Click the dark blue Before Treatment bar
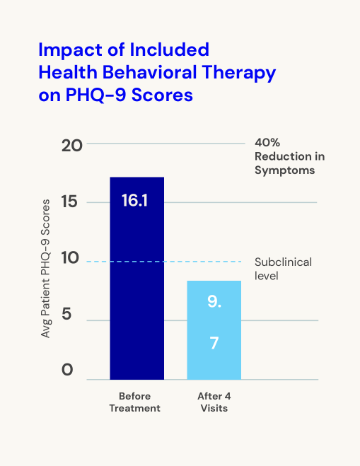(137, 283)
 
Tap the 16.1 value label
(134, 200)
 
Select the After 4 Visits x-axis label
(214, 402)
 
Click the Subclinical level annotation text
(282, 268)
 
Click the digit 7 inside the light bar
(214, 343)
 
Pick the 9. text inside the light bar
(214, 303)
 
